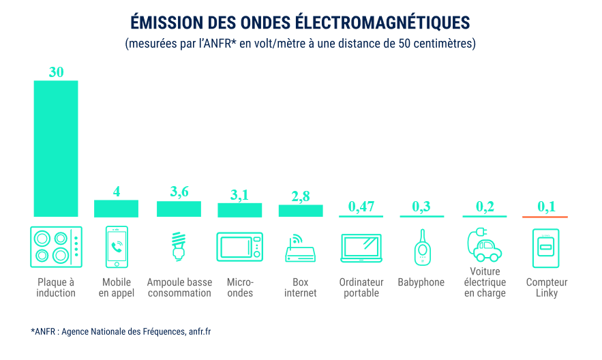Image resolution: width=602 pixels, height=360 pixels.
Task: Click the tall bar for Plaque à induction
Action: point(56,149)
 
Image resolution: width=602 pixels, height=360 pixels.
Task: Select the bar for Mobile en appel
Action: point(116,209)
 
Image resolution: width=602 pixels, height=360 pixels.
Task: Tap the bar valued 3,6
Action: point(179,209)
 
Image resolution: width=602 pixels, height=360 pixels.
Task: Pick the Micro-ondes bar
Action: point(239,210)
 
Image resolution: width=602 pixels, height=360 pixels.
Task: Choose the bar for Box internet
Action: point(301,211)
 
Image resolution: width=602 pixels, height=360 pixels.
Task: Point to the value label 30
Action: point(56,72)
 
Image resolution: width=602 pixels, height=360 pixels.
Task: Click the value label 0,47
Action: point(361,207)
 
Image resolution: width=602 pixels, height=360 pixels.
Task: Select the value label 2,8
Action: point(301,196)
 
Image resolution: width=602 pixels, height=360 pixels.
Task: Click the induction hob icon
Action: point(57,247)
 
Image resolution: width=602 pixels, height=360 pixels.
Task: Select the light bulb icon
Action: point(179,247)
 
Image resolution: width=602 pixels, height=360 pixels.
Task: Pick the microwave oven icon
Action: point(239,247)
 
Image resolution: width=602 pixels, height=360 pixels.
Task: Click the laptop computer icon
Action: point(361,248)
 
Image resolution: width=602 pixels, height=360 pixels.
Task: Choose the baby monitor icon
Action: point(421,247)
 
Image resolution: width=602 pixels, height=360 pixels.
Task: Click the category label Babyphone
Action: point(421,282)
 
